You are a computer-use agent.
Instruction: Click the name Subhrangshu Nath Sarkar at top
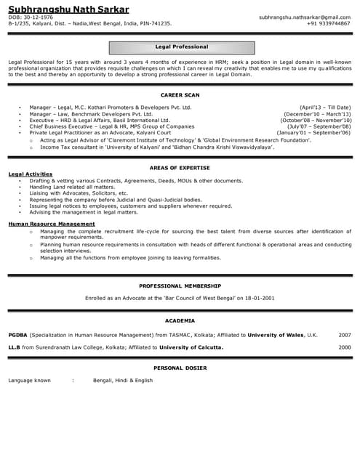(x=69, y=9)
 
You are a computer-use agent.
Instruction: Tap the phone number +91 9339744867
(x=328, y=23)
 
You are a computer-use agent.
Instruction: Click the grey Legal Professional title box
(x=182, y=47)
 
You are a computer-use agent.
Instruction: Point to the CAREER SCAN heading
(x=180, y=95)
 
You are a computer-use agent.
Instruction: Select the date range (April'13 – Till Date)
(x=324, y=108)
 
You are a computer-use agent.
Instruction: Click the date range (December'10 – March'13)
(x=317, y=114)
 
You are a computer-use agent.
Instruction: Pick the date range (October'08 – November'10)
(x=316, y=121)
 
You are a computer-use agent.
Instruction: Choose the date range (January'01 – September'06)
(x=314, y=134)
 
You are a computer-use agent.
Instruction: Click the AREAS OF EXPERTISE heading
(x=180, y=168)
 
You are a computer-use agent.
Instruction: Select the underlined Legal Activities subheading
(x=30, y=174)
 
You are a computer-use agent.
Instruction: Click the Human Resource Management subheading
(x=51, y=224)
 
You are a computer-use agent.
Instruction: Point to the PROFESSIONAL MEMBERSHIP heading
(x=180, y=286)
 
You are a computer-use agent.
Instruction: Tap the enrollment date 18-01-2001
(x=260, y=299)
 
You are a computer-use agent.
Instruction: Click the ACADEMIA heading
(x=180, y=320)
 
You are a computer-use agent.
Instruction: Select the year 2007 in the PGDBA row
(x=345, y=335)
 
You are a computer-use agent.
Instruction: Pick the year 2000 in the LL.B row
(x=345, y=348)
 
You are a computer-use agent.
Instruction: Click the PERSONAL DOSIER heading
(x=180, y=368)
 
